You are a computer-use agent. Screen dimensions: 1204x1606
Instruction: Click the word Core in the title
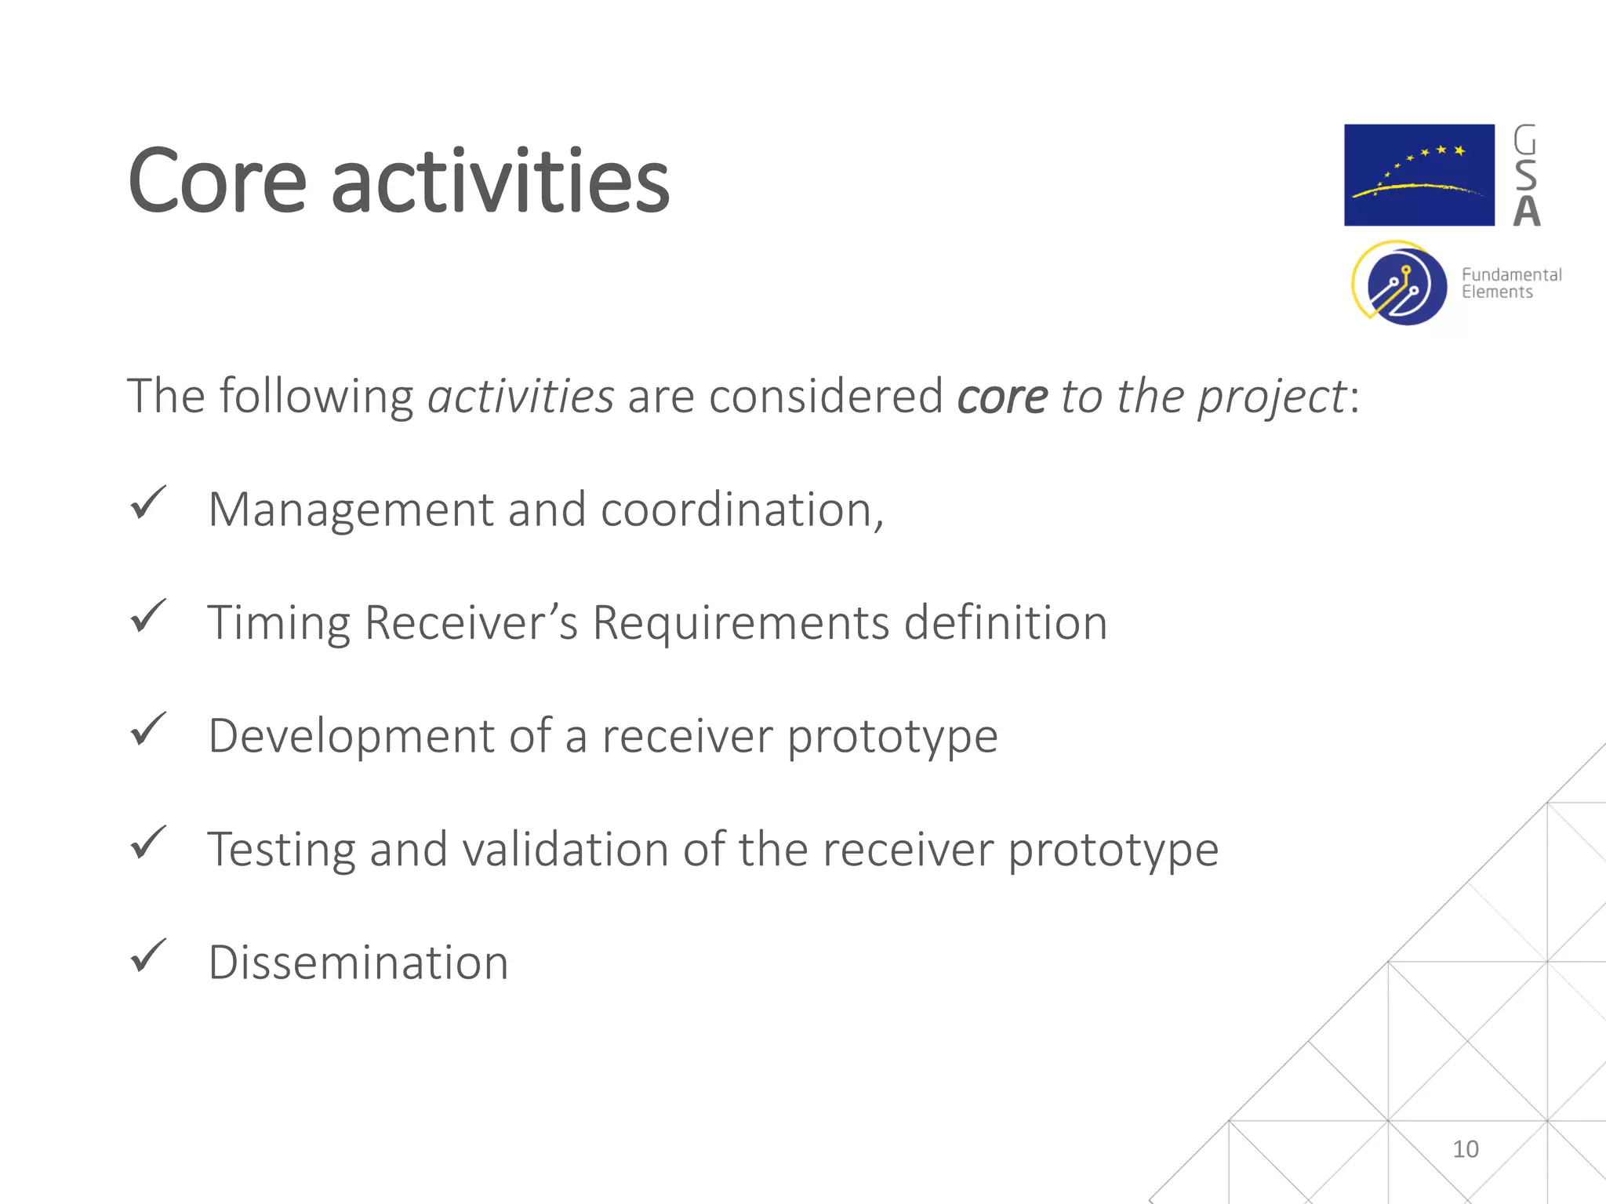[x=217, y=182]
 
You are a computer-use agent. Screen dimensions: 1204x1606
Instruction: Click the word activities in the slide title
[x=500, y=182]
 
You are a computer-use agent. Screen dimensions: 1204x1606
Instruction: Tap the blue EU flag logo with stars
[x=1419, y=175]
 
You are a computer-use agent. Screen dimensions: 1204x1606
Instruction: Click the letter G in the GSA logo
[x=1525, y=141]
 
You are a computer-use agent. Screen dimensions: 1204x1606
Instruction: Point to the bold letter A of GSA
[x=1526, y=211]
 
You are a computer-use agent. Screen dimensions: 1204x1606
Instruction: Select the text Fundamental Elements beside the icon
[x=1510, y=283]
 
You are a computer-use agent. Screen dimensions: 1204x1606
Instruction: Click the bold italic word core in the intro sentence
[x=1001, y=397]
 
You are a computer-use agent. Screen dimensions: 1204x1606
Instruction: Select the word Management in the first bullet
[x=351, y=510]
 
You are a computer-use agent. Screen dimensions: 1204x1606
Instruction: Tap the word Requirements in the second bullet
[x=740, y=623]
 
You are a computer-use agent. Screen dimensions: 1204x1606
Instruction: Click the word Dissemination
[x=358, y=963]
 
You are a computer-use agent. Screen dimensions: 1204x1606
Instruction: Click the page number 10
[x=1465, y=1149]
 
